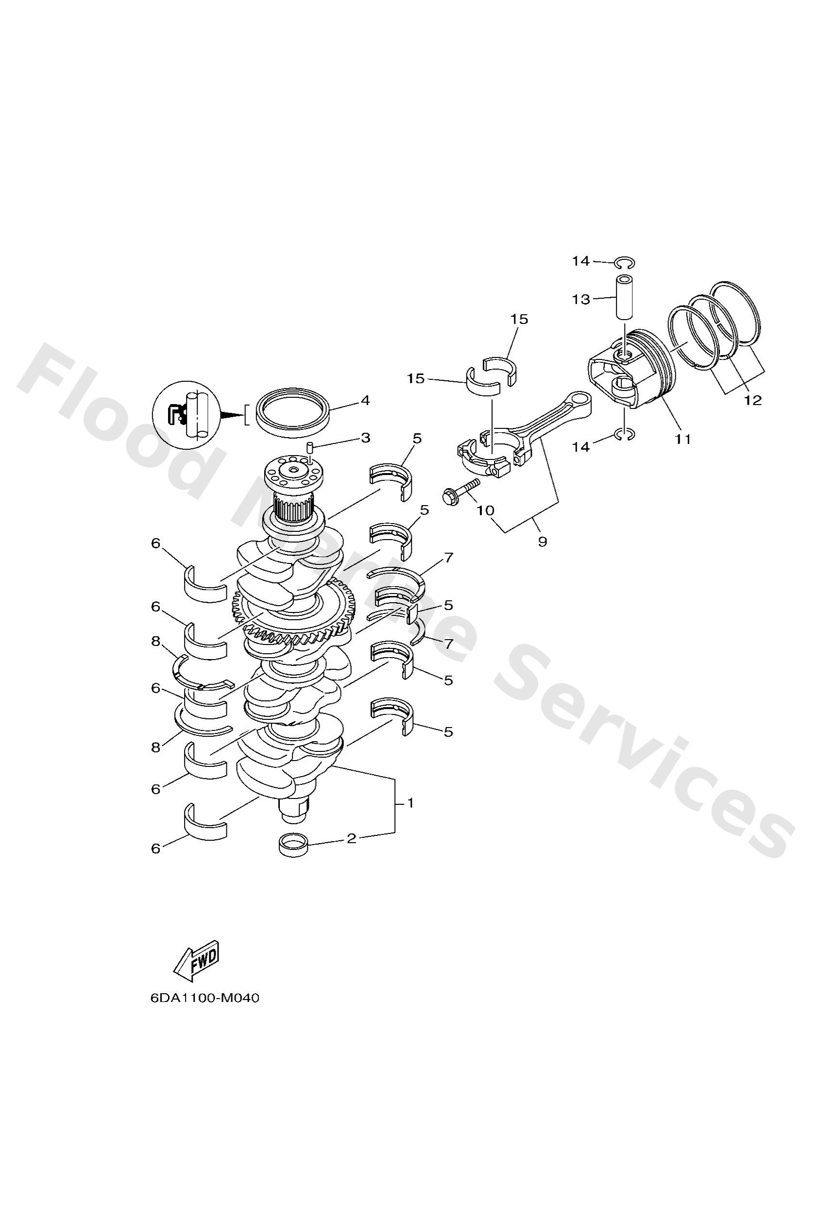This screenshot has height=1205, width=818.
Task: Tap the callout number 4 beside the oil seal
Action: tap(365, 400)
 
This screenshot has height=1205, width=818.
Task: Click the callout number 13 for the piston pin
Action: tap(581, 299)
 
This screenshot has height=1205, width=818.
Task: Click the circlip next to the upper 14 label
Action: tap(624, 263)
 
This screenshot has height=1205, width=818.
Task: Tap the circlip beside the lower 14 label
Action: tap(625, 435)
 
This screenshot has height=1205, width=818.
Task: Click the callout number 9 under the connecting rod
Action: tap(542, 542)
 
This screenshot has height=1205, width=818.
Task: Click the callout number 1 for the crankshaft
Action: tap(410, 803)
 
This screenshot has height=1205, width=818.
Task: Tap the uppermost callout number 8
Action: tap(155, 642)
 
